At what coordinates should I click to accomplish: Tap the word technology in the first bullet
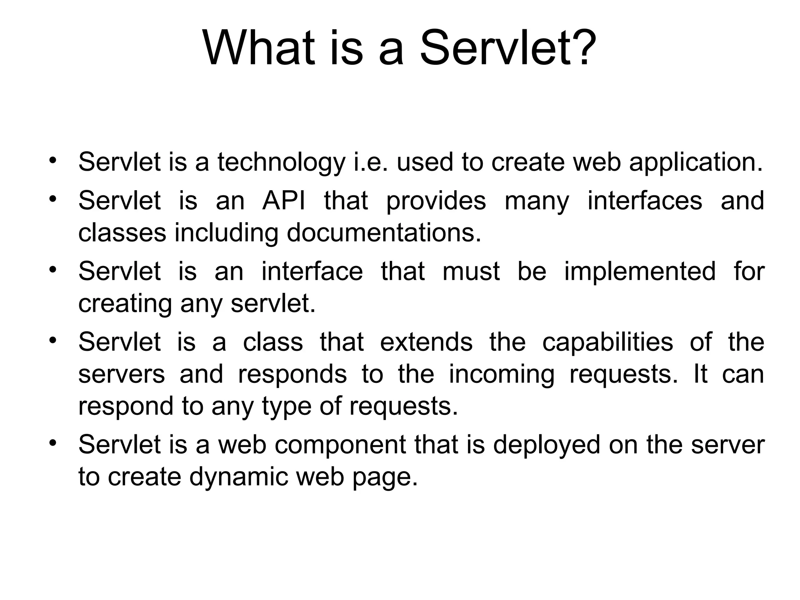(281, 162)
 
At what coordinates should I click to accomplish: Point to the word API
(284, 201)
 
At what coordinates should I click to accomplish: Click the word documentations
(384, 233)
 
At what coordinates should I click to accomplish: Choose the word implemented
(640, 271)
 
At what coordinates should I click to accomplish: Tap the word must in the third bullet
(471, 271)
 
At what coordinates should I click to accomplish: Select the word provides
(436, 201)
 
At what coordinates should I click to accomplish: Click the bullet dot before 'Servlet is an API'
(53, 198)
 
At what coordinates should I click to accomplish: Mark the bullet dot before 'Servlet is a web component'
(53, 443)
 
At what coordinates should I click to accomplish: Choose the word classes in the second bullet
(122, 233)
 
